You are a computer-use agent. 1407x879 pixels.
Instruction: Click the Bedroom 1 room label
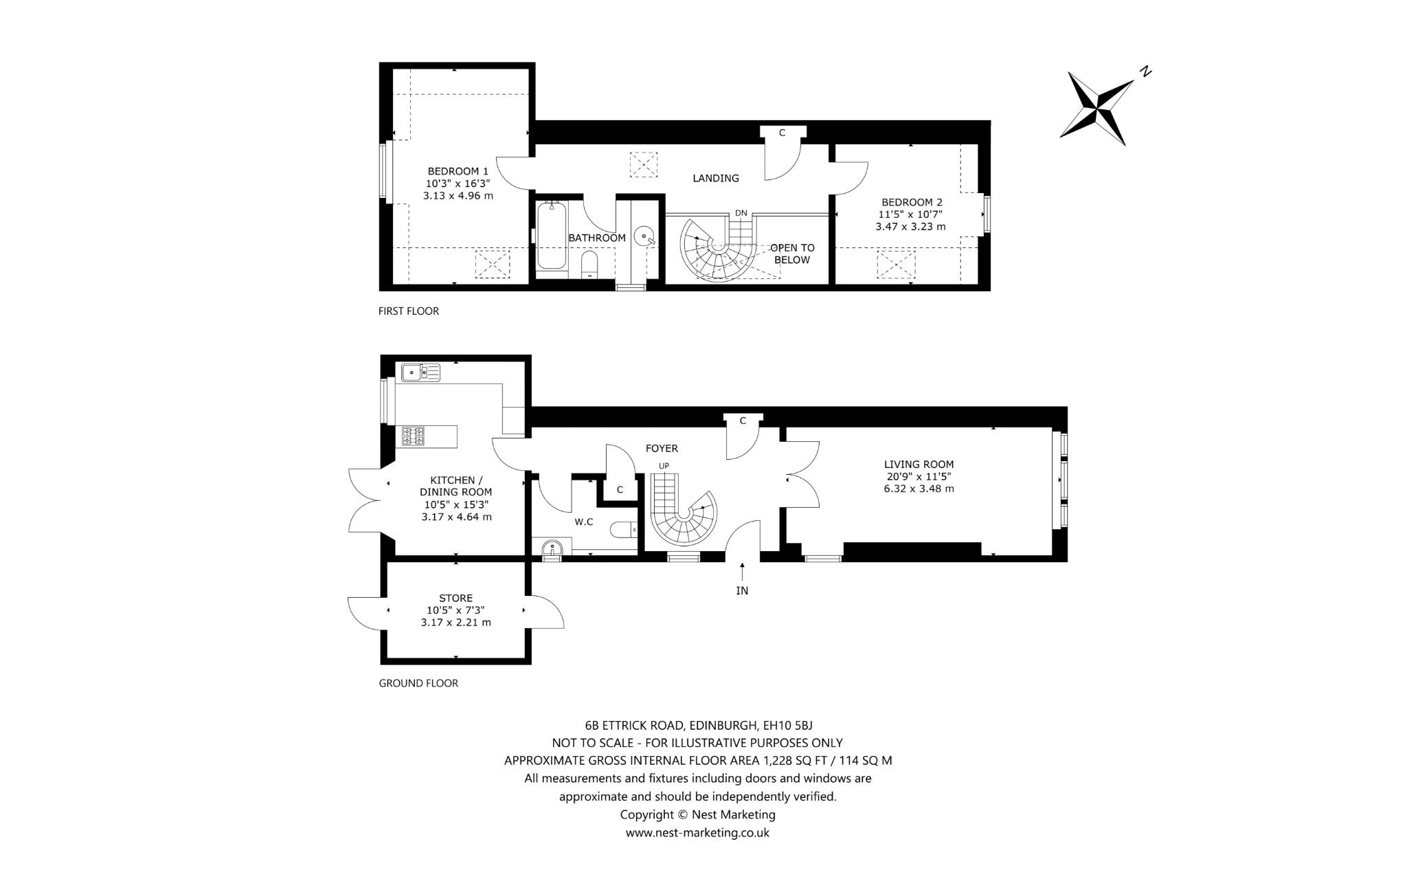pos(458,171)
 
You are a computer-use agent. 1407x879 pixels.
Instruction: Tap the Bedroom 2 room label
pos(912,202)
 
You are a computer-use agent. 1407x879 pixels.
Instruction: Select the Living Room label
pos(919,465)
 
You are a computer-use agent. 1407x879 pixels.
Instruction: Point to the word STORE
pos(456,599)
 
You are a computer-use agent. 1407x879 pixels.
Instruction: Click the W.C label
pos(584,522)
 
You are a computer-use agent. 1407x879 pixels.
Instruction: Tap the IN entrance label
pos(742,590)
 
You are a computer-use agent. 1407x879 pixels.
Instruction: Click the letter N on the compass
pos(1145,71)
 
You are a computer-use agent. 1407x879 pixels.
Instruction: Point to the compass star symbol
pos(1096,109)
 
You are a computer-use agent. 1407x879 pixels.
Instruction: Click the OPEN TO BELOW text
pos(792,254)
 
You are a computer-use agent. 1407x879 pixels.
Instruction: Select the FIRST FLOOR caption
pos(409,311)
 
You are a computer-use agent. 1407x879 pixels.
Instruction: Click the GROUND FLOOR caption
pos(418,683)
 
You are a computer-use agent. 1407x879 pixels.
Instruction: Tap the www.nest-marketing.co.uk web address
pos(697,833)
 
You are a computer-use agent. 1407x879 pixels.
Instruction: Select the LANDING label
pos(716,178)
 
